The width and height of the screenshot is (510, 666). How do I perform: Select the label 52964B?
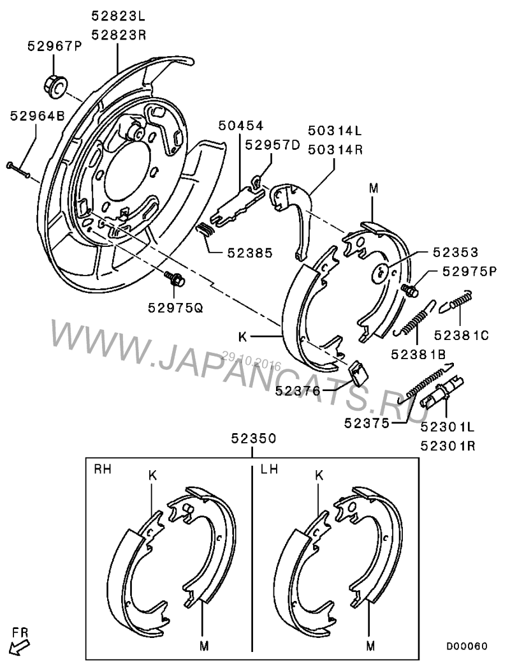38,115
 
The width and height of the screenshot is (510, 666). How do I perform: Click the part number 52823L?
119,16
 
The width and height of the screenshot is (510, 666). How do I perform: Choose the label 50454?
241,125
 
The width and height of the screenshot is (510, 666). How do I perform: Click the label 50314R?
335,150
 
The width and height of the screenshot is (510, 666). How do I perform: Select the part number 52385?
250,253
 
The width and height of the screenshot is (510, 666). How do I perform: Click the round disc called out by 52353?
380,273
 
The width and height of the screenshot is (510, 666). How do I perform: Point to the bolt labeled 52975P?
409,290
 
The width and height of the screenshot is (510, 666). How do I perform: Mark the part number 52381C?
462,336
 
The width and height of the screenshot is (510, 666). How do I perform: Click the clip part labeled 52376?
359,373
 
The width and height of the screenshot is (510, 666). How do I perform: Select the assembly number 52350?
254,438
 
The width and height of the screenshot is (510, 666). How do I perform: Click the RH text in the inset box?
102,470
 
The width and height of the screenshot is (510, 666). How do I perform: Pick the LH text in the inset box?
269,470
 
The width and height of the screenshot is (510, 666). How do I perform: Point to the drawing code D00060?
466,646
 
